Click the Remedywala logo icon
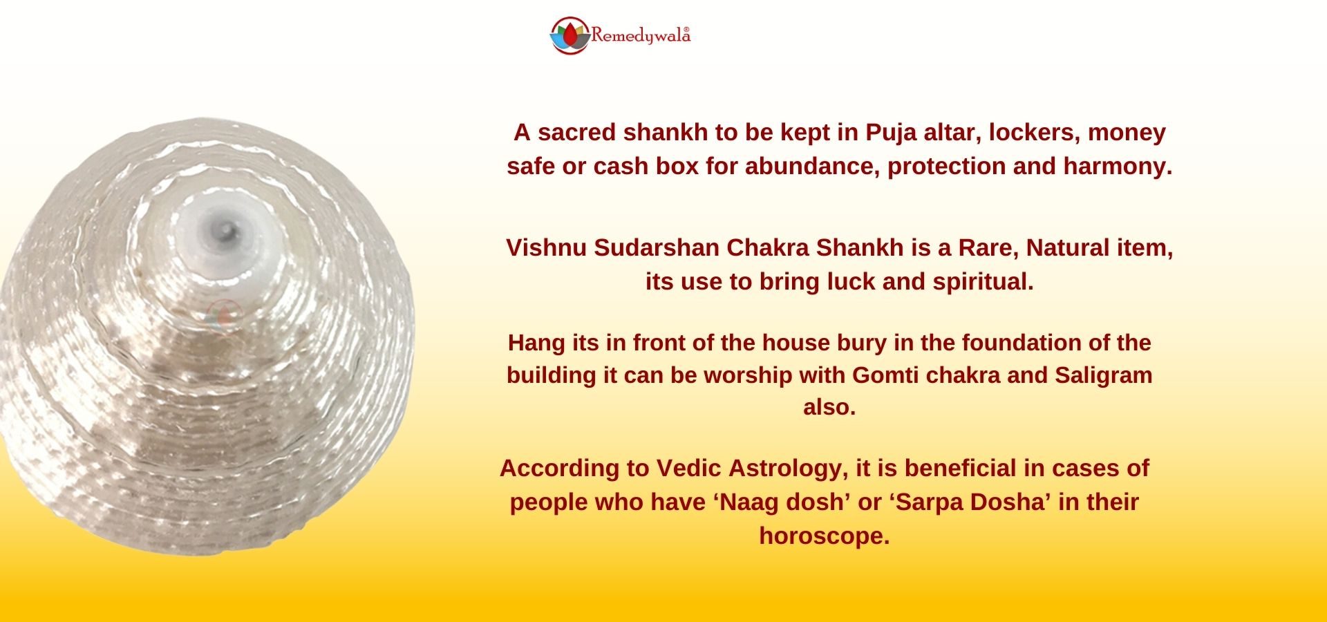click(570, 35)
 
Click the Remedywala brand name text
click(641, 35)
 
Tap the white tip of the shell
click(226, 227)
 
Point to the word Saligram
click(1104, 375)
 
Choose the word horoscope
click(825, 536)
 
